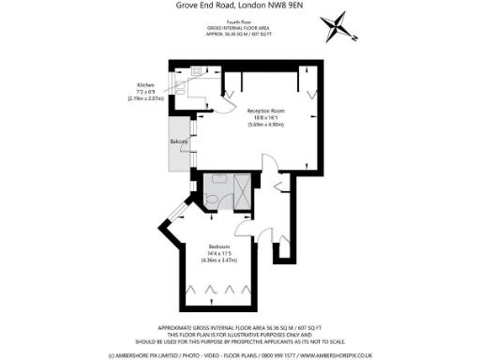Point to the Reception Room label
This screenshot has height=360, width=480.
pyautogui.click(x=266, y=111)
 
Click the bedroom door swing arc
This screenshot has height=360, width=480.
pyautogui.click(x=245, y=226)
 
